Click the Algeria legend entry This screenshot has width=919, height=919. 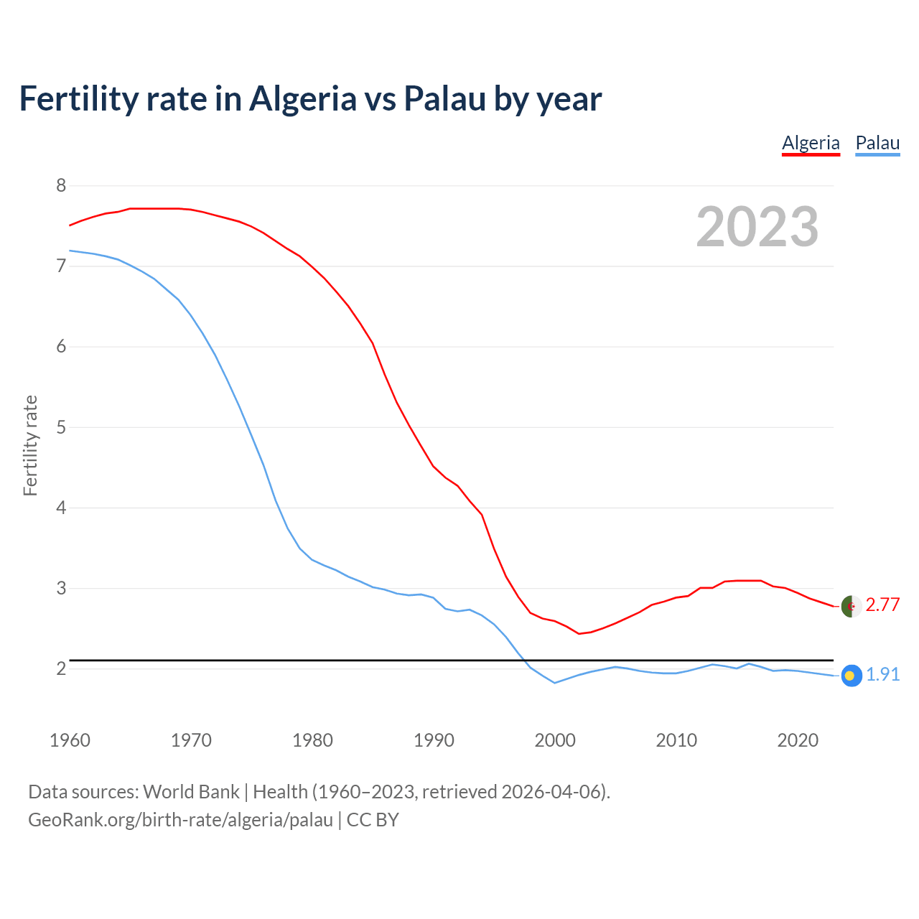(x=811, y=143)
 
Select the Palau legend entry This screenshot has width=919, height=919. (x=877, y=143)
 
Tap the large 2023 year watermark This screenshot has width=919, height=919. (x=757, y=227)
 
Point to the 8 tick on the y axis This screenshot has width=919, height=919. (x=61, y=186)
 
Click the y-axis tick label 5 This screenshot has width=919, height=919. (x=61, y=428)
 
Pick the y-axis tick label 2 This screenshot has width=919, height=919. (x=61, y=669)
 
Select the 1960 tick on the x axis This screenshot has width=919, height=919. (x=70, y=740)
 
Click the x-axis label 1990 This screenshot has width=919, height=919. (x=434, y=740)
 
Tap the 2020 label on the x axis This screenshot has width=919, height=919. (x=798, y=740)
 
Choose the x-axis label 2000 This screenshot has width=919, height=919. (x=555, y=740)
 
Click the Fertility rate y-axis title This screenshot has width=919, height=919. (x=30, y=445)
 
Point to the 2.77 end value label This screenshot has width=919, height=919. (x=882, y=605)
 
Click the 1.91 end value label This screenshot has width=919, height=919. (x=882, y=675)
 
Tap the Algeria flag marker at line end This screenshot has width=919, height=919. (x=851, y=606)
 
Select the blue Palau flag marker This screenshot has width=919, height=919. (x=851, y=676)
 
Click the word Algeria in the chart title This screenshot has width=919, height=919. (x=302, y=99)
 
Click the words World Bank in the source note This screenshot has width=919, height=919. (x=191, y=792)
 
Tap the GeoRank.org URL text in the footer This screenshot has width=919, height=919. (x=180, y=820)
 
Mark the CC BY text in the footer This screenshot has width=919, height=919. (x=373, y=820)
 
